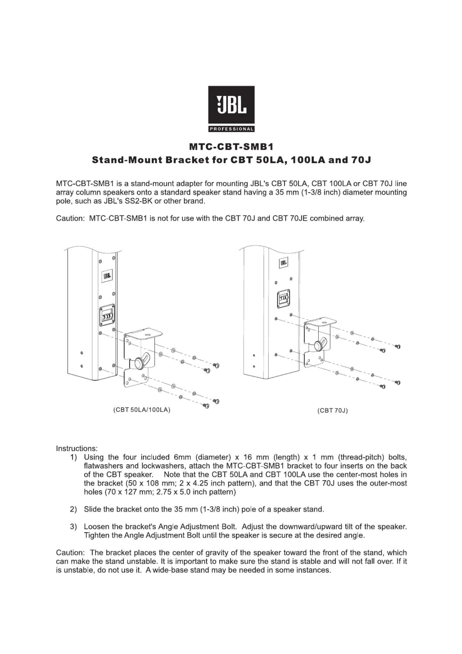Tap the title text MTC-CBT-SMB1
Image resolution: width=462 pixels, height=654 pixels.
click(x=231, y=147)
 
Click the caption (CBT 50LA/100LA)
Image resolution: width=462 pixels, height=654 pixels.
click(x=141, y=410)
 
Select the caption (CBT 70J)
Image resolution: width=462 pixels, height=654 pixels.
click(x=332, y=411)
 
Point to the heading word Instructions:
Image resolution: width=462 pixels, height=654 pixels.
click(x=77, y=448)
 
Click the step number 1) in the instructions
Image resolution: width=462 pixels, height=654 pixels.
click(x=73, y=457)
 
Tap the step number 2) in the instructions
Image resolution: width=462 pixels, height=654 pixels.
click(x=73, y=510)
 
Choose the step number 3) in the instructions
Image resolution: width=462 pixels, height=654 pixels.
click(x=73, y=527)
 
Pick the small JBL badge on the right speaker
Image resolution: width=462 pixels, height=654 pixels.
click(x=284, y=263)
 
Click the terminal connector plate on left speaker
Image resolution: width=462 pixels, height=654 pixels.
click(x=107, y=316)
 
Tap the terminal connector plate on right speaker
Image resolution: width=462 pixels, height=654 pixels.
click(x=283, y=299)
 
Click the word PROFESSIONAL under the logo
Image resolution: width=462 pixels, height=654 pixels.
click(x=231, y=129)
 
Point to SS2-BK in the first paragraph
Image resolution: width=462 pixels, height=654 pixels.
click(x=137, y=201)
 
